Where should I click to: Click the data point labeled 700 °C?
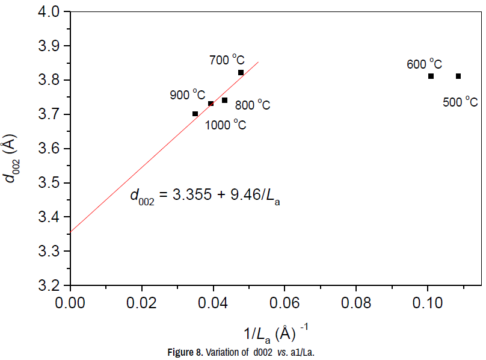tap(241, 73)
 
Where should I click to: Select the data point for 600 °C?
tap(431, 76)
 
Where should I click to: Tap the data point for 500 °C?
tap(458, 76)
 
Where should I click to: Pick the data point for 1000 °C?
tap(195, 114)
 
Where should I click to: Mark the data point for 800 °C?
tap(224, 100)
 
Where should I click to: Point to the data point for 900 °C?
tap(211, 104)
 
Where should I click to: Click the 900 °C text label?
tap(187, 95)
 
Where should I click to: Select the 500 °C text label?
tap(460, 102)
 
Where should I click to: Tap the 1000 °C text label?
tap(226, 125)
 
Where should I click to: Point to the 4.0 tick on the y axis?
tap(48, 12)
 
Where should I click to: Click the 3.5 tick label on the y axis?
tap(48, 183)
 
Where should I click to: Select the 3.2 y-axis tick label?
tap(48, 285)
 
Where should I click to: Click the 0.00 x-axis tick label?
tap(70, 302)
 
